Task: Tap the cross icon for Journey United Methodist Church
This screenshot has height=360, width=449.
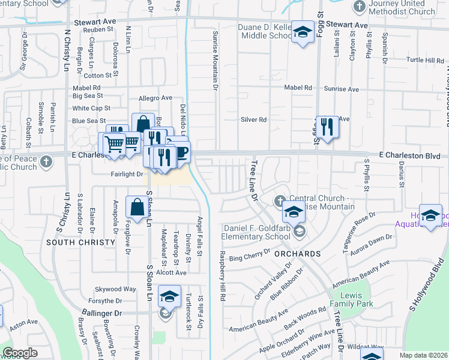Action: click(359, 7)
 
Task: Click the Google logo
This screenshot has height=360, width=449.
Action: click(20, 353)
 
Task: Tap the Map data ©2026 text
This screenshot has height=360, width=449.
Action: click(423, 355)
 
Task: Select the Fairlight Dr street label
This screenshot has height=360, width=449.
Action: click(127, 174)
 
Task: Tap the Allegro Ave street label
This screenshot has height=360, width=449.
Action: click(155, 98)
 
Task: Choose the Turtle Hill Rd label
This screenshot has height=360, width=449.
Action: click(425, 60)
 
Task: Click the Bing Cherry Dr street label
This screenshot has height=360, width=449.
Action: click(251, 258)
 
